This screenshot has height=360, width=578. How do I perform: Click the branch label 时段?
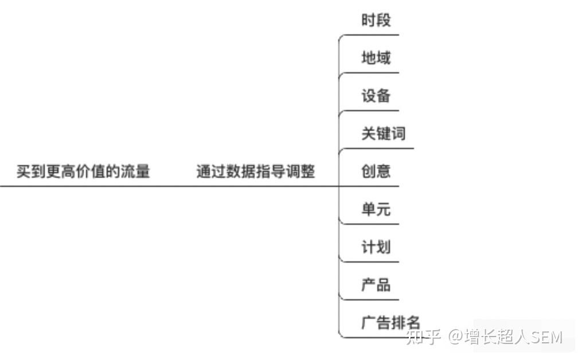click(376, 20)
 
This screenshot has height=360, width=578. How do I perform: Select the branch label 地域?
click(376, 58)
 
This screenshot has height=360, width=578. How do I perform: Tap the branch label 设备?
click(376, 96)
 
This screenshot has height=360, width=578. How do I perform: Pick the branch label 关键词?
click(384, 134)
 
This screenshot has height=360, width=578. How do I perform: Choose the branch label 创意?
click(376, 171)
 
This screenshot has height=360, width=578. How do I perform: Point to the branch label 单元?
click(376, 209)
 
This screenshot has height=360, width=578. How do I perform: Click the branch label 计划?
click(376, 247)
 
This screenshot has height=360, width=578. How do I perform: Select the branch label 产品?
click(376, 285)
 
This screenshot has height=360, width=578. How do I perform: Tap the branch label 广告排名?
click(390, 323)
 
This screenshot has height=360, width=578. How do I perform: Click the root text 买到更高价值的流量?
click(83, 171)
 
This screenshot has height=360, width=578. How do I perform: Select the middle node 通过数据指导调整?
click(256, 171)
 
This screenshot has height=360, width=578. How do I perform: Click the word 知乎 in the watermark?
click(423, 337)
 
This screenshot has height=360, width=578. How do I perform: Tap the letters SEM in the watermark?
click(547, 337)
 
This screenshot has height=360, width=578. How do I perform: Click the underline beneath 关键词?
click(376, 148)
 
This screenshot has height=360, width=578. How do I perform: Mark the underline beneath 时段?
click(369, 35)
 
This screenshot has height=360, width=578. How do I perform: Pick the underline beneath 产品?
click(369, 300)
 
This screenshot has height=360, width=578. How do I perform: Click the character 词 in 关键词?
click(399, 134)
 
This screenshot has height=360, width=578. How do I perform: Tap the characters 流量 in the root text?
click(136, 171)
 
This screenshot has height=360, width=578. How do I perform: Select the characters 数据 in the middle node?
click(241, 171)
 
